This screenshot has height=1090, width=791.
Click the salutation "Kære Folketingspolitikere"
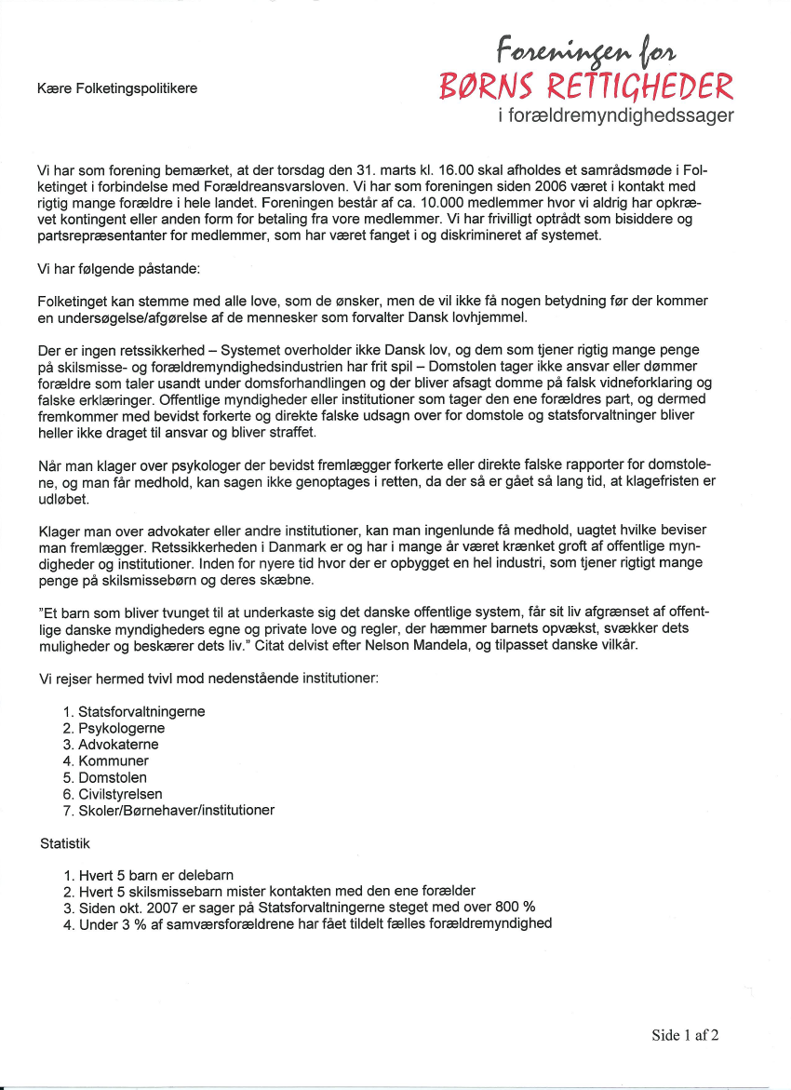pos(117,88)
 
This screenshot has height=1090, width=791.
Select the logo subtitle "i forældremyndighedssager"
pos(616,116)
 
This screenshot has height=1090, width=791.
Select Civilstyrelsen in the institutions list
pos(120,794)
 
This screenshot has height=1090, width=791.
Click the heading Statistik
pos(65,842)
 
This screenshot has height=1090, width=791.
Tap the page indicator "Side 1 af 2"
pos(685,1035)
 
